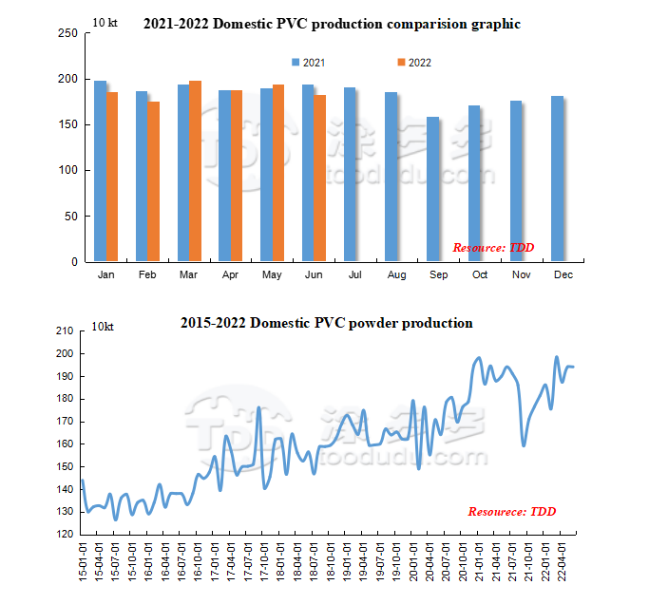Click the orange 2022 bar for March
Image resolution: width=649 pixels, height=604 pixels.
[195, 171]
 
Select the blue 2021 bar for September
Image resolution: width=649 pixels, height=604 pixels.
[433, 189]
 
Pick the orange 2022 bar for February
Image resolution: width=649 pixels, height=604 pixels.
[154, 181]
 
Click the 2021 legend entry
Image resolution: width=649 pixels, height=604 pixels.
[308, 63]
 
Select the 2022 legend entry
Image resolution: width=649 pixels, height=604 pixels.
[414, 63]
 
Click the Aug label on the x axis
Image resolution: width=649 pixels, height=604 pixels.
[396, 275]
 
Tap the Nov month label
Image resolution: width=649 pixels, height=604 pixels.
[521, 275]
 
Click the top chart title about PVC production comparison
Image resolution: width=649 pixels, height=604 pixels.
[332, 24]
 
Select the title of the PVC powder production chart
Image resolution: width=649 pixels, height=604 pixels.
[327, 323]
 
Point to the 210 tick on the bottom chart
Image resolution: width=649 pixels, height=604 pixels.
[64, 330]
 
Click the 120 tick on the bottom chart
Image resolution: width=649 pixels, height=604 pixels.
[64, 534]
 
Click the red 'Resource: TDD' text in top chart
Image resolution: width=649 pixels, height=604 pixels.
[493, 248]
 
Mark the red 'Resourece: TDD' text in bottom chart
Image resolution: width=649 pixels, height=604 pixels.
[511, 512]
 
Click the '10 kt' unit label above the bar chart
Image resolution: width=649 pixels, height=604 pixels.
[105, 21]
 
